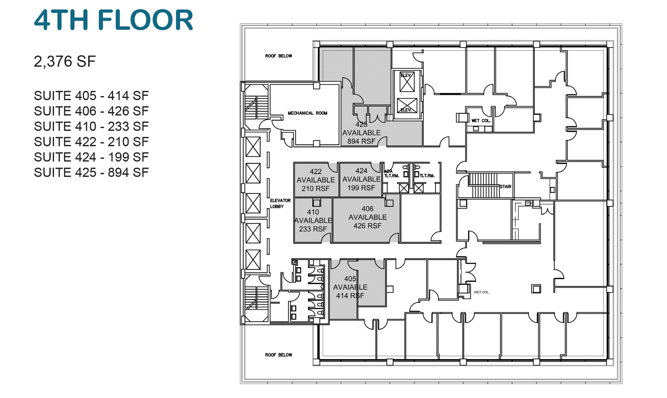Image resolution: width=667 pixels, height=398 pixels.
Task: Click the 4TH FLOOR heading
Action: (x=114, y=20)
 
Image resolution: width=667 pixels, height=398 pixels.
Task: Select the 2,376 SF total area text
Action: (x=65, y=62)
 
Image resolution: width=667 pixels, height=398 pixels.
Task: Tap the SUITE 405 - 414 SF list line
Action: (x=91, y=96)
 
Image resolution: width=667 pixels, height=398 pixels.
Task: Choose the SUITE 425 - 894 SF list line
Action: (x=91, y=173)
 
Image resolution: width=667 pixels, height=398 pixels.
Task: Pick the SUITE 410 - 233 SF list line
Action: (x=91, y=126)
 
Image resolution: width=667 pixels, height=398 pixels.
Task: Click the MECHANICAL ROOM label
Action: (x=307, y=113)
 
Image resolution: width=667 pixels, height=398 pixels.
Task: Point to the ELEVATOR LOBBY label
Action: (x=280, y=204)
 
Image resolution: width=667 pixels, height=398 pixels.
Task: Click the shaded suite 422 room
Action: (x=315, y=180)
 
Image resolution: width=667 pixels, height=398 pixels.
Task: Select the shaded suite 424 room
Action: (x=361, y=179)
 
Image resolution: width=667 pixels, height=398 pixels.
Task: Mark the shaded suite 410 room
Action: (x=313, y=221)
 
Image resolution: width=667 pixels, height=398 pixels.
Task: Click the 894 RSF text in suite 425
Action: (x=361, y=141)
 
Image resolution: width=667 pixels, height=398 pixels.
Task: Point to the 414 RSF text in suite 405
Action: (x=350, y=296)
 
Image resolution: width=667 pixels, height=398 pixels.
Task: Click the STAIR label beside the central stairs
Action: (x=505, y=187)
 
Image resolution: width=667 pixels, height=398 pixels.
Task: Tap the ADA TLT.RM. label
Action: (x=391, y=174)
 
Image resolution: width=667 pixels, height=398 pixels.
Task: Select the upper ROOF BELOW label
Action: (x=278, y=56)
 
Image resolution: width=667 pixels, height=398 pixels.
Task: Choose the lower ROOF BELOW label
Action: (x=278, y=355)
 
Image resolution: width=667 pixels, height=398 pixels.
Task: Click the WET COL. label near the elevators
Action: (x=481, y=121)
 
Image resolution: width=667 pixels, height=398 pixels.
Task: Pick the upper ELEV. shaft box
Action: (x=407, y=81)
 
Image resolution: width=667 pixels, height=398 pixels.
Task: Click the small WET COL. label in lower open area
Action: (x=481, y=292)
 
